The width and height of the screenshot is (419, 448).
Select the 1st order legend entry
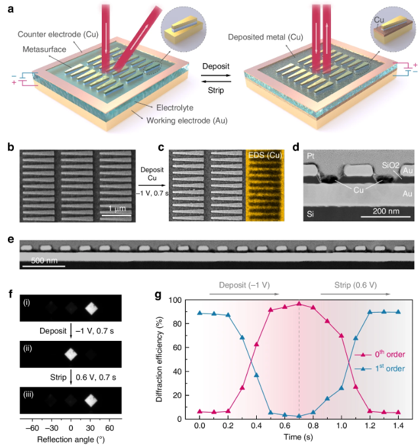tap(380, 370)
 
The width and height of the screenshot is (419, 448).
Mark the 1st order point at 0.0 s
tap(200, 313)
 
